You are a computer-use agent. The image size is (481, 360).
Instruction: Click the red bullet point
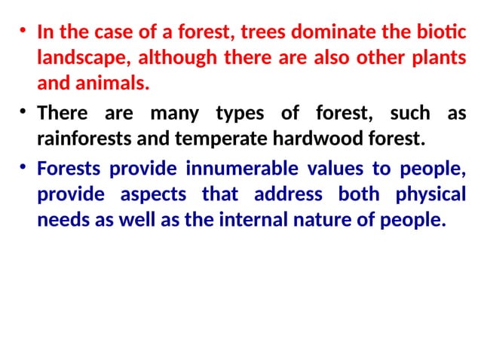point(23,32)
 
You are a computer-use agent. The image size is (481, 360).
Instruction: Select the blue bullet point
point(23,167)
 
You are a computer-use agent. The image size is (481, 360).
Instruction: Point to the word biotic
point(437,33)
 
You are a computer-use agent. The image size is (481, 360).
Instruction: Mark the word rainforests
point(84,139)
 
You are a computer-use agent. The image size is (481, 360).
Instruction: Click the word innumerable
point(225,168)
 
